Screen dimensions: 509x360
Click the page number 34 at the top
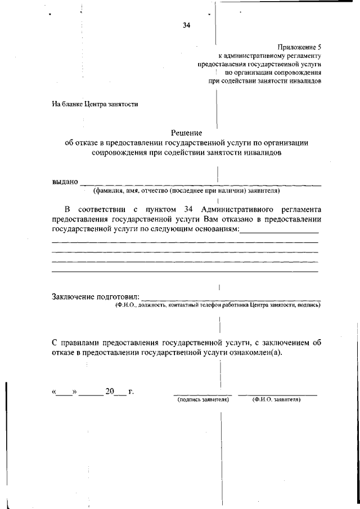186,25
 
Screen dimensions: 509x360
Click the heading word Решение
186,133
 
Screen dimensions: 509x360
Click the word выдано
65,182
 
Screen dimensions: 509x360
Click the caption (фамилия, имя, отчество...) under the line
186,191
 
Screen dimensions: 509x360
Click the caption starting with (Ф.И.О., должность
216,305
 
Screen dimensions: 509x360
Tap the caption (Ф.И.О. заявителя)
277,400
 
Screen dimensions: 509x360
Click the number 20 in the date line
109,391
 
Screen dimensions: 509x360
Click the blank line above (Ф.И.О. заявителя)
277,395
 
